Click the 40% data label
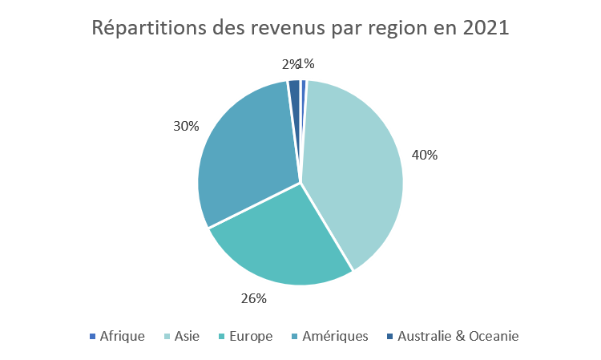click(424, 155)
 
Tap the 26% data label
click(253, 298)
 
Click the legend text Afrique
click(122, 336)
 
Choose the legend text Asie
click(187, 336)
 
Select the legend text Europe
click(251, 336)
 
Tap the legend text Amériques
click(335, 336)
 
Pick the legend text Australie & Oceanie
click(458, 336)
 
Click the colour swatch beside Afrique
click(92, 336)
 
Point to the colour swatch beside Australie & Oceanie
click(389, 336)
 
